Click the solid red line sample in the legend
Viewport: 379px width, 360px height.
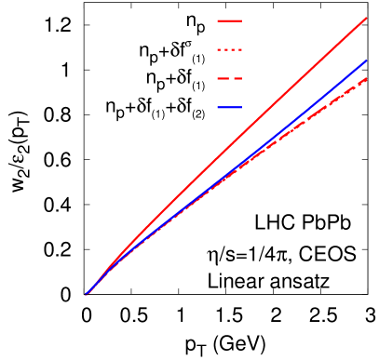click(x=229, y=20)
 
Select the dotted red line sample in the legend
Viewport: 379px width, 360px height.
click(x=229, y=49)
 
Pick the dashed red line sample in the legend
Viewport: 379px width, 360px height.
click(x=229, y=78)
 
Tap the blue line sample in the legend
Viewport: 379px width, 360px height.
click(x=229, y=108)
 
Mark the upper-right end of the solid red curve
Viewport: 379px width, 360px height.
click(x=366, y=18)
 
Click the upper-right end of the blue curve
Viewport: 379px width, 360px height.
click(x=366, y=60)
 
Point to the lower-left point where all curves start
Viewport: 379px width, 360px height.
click(x=86, y=296)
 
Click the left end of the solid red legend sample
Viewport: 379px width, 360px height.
click(x=218, y=20)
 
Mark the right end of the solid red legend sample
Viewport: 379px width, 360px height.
click(x=241, y=20)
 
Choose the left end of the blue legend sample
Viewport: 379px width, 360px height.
click(x=218, y=108)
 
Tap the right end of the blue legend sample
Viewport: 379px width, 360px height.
click(x=241, y=108)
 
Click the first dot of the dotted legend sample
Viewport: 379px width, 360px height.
click(x=219, y=49)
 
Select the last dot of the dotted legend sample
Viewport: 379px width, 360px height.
click(x=240, y=49)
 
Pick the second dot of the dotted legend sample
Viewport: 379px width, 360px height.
click(x=226, y=49)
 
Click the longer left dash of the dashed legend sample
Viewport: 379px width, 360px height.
click(x=223, y=78)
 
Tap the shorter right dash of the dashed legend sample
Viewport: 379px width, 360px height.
click(x=237, y=78)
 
